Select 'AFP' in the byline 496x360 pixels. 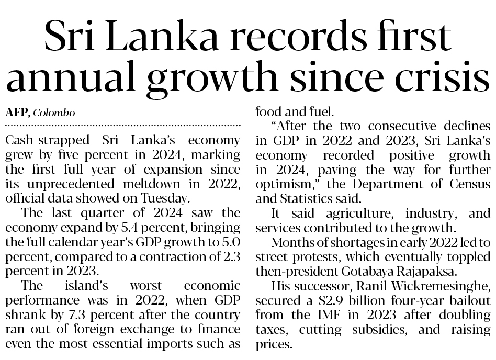(x=16, y=113)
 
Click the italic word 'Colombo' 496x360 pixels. (x=54, y=113)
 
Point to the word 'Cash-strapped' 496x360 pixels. (x=42, y=141)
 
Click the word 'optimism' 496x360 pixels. (x=280, y=184)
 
